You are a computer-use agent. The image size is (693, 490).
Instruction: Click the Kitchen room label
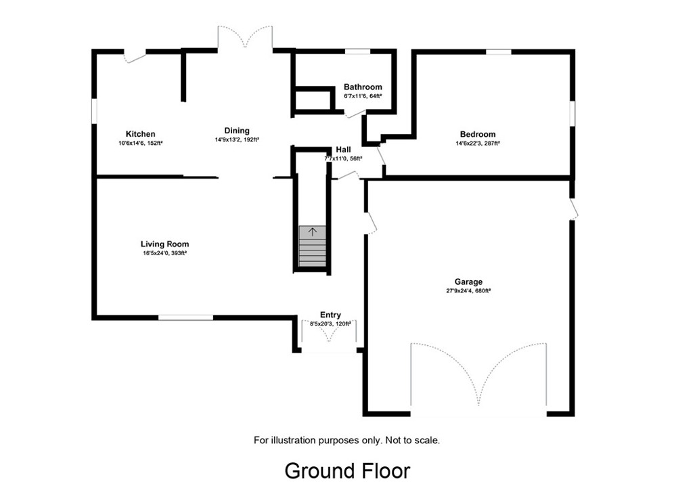[140, 134]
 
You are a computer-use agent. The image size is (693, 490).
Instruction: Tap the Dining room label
[237, 131]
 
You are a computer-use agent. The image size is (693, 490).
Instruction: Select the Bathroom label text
[363, 87]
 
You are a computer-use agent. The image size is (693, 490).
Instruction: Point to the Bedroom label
[477, 134]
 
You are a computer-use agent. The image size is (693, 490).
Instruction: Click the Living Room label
[164, 244]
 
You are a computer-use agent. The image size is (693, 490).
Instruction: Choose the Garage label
[468, 282]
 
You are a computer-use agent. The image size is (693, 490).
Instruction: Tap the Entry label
[330, 315]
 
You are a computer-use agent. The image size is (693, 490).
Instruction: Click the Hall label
[343, 150]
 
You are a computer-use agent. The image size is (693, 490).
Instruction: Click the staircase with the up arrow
[313, 247]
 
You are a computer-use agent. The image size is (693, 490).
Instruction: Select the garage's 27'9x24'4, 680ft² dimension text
[468, 291]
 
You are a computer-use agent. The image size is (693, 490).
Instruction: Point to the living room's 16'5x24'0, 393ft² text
[164, 254]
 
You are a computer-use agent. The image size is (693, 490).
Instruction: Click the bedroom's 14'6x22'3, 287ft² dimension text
[477, 143]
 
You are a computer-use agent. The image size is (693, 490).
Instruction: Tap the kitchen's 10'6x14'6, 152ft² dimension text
[140, 143]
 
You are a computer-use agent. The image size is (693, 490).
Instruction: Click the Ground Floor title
[346, 470]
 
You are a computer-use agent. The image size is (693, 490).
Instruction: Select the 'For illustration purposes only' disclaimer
[346, 440]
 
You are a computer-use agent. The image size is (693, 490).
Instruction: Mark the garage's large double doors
[478, 376]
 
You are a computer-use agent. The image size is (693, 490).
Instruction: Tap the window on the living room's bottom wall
[185, 317]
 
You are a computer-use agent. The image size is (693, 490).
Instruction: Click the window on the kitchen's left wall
[94, 112]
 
